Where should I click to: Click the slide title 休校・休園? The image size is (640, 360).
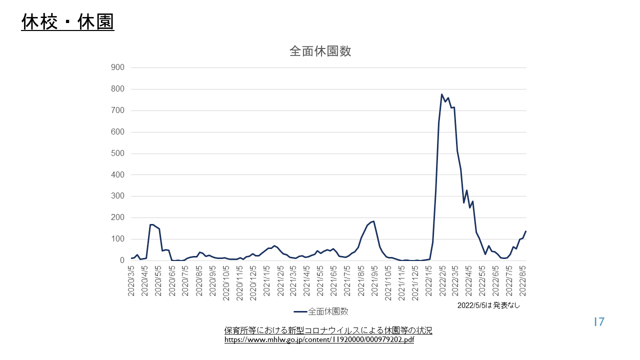(67, 22)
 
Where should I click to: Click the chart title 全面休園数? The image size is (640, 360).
(320, 51)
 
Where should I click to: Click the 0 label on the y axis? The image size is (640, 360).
(121, 260)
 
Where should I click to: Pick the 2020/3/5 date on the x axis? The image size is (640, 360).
(131, 280)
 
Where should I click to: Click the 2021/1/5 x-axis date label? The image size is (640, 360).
(266, 280)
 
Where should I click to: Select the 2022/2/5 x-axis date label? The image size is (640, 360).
(442, 280)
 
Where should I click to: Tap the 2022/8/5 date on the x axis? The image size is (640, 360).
(523, 280)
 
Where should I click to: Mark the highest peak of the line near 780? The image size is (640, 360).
(442, 94)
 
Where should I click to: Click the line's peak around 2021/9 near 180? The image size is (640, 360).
(373, 221)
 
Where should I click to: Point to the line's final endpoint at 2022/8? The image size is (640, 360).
(526, 231)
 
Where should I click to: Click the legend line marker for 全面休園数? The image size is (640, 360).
(299, 311)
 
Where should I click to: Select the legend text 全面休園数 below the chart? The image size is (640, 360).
(328, 311)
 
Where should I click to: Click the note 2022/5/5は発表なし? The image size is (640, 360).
(488, 305)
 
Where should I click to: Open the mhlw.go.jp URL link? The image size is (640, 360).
(319, 340)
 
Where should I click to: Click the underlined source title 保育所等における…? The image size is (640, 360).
(328, 330)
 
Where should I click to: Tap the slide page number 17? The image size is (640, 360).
(599, 322)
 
